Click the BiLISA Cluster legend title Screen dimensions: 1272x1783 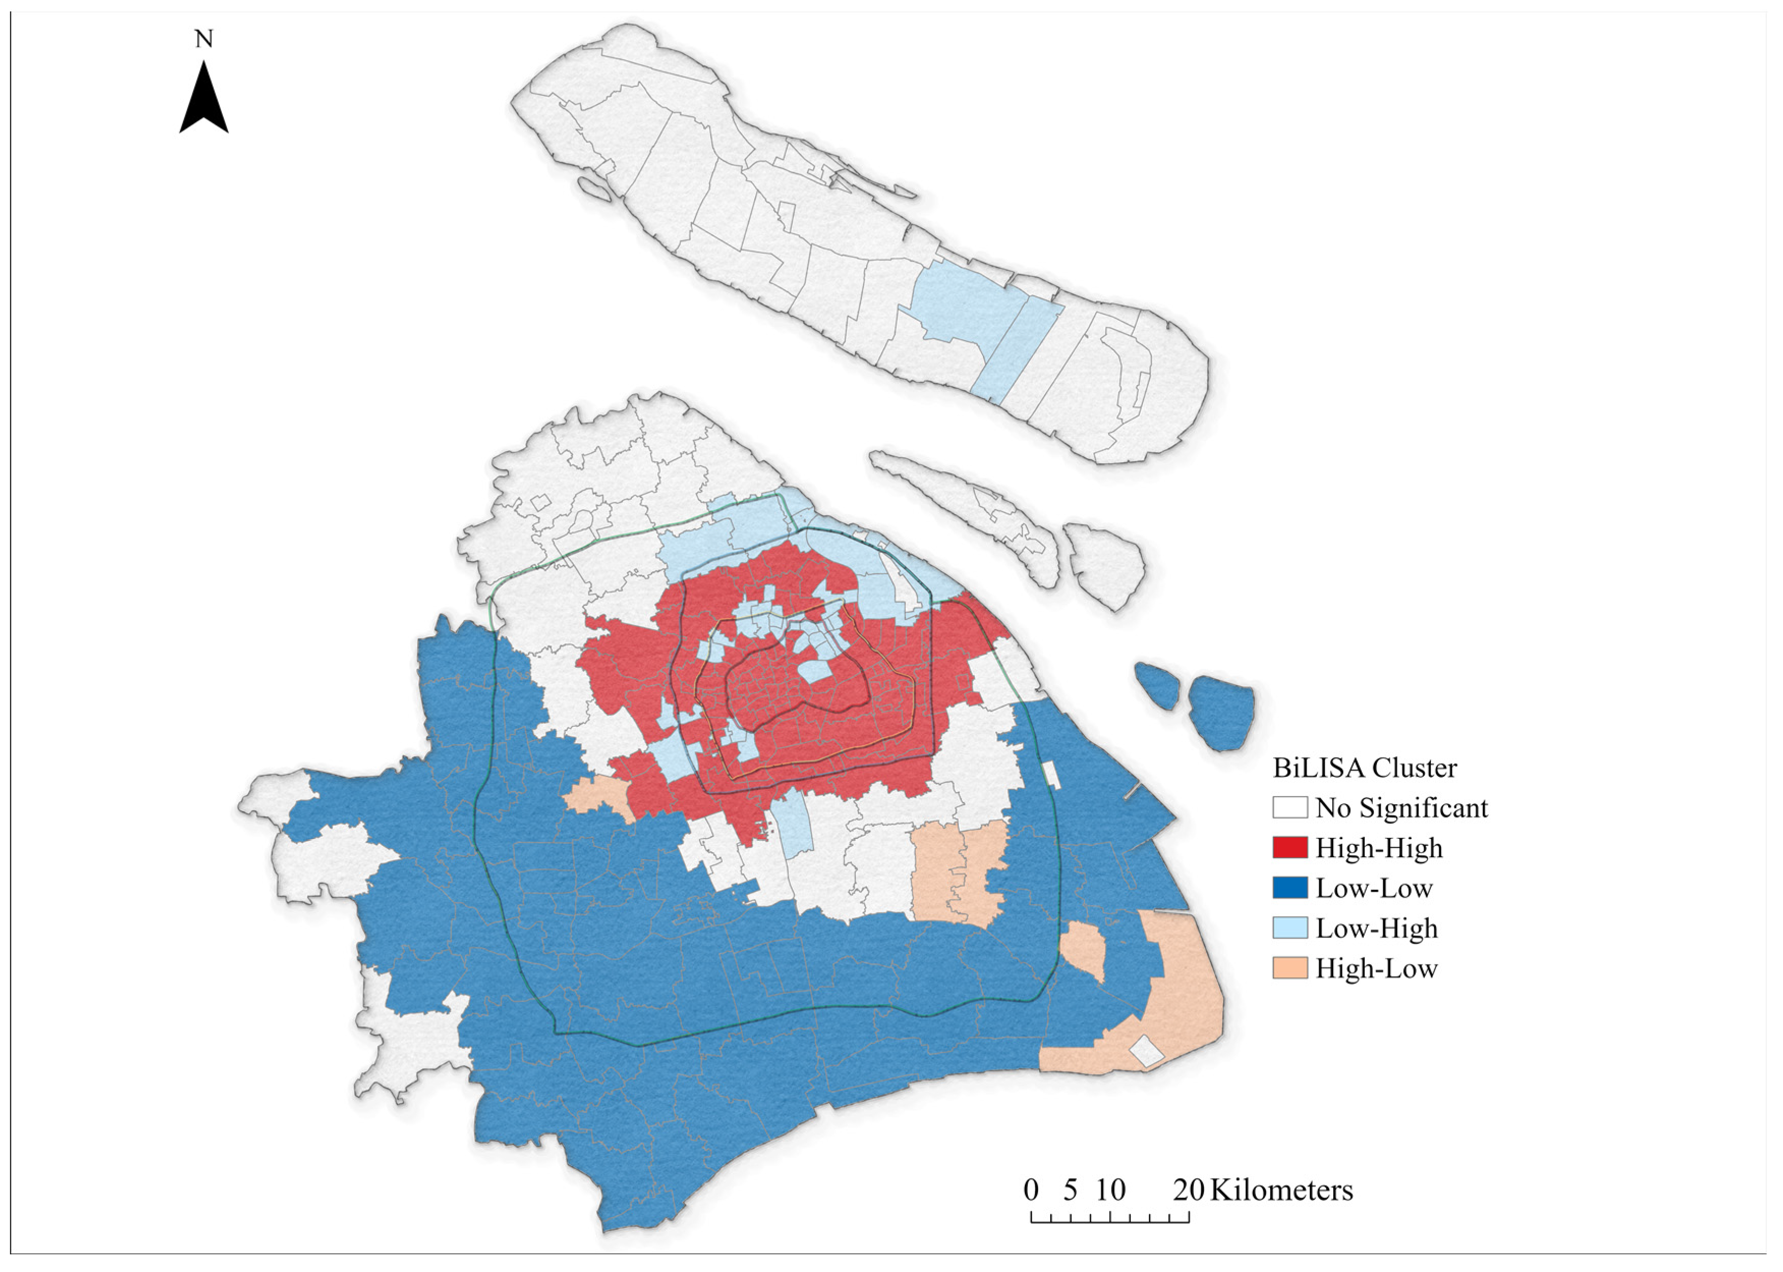1365,768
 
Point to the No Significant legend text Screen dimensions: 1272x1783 1402,807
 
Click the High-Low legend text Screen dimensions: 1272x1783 1376,968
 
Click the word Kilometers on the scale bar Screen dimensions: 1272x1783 1281,1190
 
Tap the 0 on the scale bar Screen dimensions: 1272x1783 1031,1190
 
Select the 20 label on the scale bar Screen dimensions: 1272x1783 1188,1190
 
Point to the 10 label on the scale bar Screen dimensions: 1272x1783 1110,1190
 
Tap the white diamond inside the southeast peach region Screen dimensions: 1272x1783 1147,1051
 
